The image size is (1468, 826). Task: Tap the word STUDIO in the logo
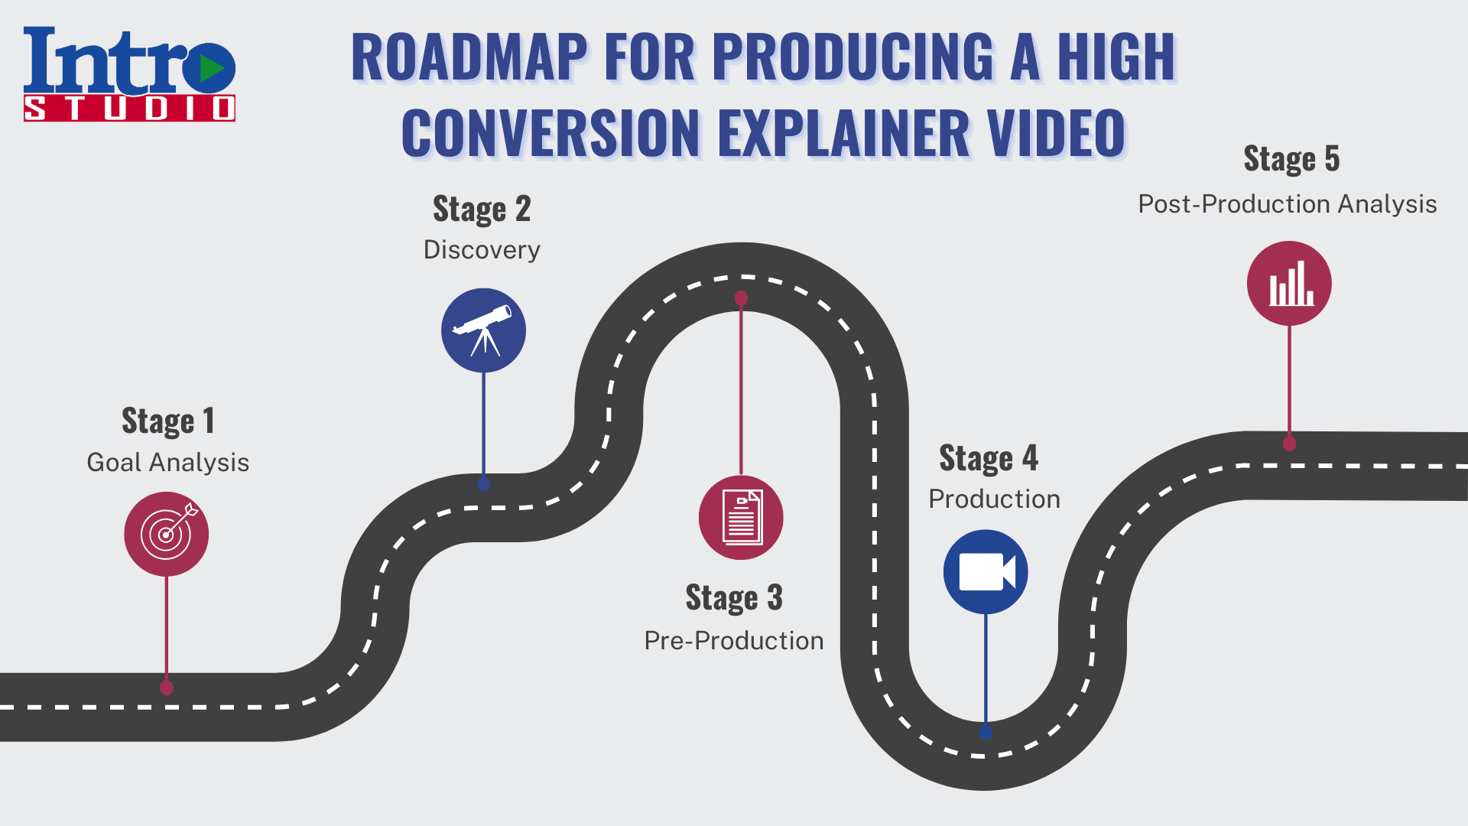click(129, 108)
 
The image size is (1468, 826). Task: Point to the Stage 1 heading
click(168, 421)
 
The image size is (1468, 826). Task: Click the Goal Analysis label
click(168, 463)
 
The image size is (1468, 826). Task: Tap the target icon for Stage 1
click(167, 534)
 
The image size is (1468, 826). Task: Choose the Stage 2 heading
click(482, 209)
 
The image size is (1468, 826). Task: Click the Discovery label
click(482, 250)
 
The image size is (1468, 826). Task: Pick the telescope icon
click(483, 330)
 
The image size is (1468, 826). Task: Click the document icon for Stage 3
click(741, 518)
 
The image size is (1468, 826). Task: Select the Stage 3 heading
click(734, 597)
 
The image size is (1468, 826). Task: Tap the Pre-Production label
click(734, 641)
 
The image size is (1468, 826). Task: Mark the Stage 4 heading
click(989, 458)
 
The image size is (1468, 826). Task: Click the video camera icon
click(986, 572)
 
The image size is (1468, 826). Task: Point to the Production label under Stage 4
click(994, 499)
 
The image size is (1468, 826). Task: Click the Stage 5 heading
click(1291, 158)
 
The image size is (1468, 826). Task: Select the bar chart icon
click(1289, 284)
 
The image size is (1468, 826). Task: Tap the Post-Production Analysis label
click(1288, 204)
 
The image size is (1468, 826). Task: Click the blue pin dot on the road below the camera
click(986, 732)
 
